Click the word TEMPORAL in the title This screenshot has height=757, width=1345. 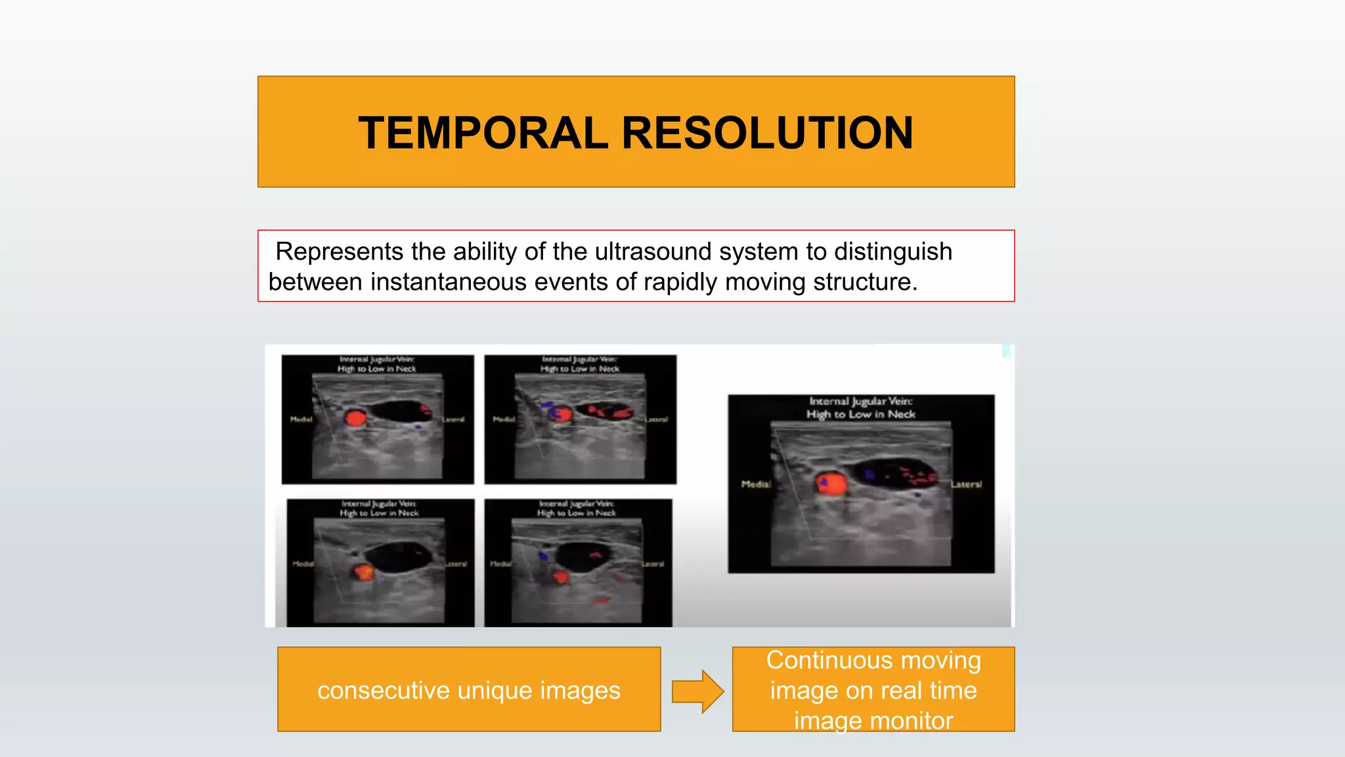pos(483,133)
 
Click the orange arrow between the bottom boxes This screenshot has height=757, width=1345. pos(697,691)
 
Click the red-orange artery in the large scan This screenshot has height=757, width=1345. pos(832,485)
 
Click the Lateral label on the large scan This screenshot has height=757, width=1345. pos(966,484)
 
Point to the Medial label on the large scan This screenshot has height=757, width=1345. pos(755,484)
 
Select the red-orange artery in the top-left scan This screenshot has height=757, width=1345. pos(356,419)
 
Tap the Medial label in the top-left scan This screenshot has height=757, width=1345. pos(301,419)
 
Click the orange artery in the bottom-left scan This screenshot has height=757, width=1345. pos(363,572)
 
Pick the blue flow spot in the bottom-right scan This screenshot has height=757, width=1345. pos(543,557)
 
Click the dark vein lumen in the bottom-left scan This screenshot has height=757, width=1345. pos(399,557)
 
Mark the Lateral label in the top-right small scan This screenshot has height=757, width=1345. pos(656,419)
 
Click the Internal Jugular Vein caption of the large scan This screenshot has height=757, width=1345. pos(860,401)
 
